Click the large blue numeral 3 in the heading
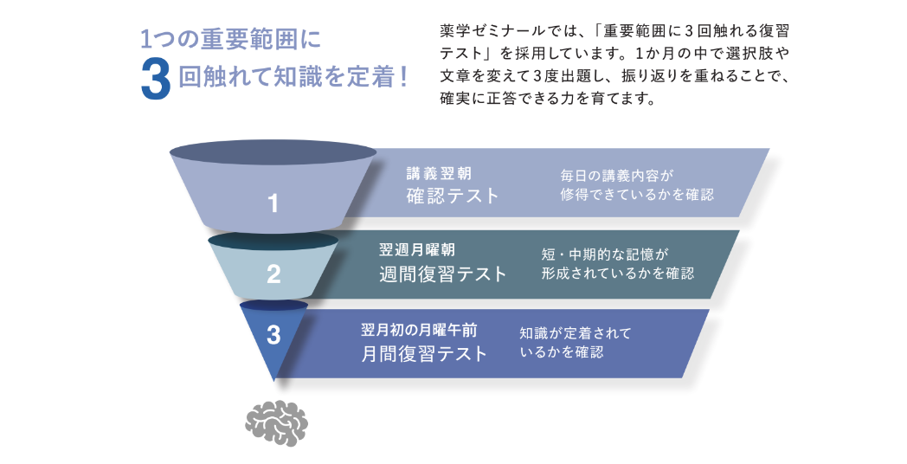(157, 81)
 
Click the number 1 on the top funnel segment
(273, 204)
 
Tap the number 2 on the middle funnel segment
(273, 275)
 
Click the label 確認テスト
(453, 195)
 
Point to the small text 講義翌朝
(439, 172)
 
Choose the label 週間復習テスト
(442, 274)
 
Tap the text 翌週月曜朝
(417, 250)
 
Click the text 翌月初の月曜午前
(419, 330)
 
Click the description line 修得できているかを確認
(637, 195)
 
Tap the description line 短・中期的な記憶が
(605, 254)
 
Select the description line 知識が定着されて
(575, 332)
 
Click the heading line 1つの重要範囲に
(230, 39)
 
